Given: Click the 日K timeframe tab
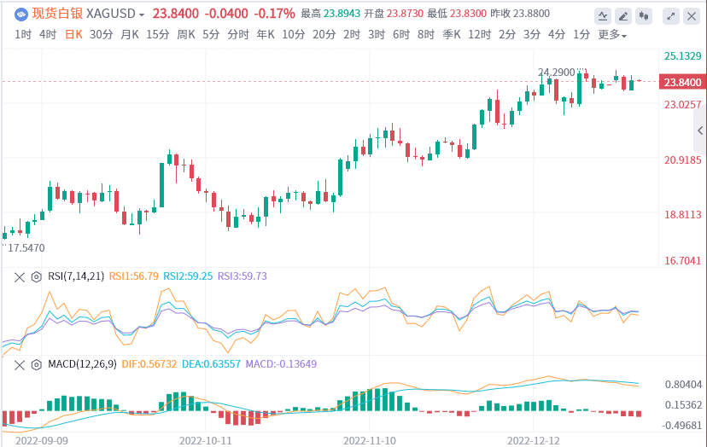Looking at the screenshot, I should click(x=74, y=34).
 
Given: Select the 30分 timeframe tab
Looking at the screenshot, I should click(x=101, y=34).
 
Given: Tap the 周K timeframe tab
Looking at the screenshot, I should click(x=186, y=34).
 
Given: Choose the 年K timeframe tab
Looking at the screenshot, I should click(x=266, y=34).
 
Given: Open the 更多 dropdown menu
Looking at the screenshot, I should click(x=611, y=35).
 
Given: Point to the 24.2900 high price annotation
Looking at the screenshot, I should click(x=557, y=73).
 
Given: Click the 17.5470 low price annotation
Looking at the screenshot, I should click(x=26, y=247).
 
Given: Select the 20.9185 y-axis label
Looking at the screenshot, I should click(x=682, y=160).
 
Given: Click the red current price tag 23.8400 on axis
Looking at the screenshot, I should click(x=682, y=82).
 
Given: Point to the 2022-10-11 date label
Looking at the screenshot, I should click(x=206, y=440).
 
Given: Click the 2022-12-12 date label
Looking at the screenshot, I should click(x=534, y=440).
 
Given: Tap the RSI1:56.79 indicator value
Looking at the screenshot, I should click(x=134, y=276).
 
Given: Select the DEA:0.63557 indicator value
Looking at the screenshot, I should click(x=214, y=364).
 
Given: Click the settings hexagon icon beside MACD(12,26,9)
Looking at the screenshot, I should click(x=36, y=364).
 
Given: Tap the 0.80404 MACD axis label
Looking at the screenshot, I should click(x=682, y=385).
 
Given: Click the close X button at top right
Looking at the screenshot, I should click(x=690, y=15).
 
